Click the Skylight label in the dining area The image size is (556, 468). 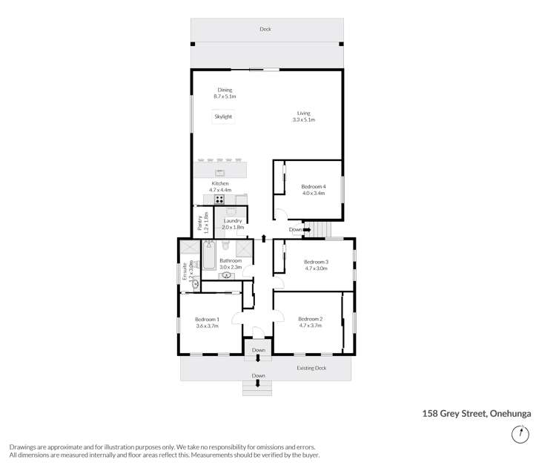pyautogui.click(x=223, y=116)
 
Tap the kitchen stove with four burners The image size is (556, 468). pyautogui.click(x=219, y=199)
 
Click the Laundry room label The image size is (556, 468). pyautogui.click(x=233, y=220)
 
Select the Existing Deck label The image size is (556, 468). pyautogui.click(x=311, y=368)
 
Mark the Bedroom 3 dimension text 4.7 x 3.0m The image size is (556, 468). pyautogui.click(x=317, y=268)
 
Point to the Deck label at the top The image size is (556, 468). pyautogui.click(x=265, y=30)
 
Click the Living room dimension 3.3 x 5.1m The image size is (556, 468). pyautogui.click(x=304, y=119)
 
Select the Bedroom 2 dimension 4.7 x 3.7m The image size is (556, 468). pyautogui.click(x=309, y=326)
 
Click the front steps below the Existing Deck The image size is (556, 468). pyautogui.click(x=257, y=389)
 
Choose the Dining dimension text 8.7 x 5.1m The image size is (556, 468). pyautogui.click(x=225, y=96)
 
